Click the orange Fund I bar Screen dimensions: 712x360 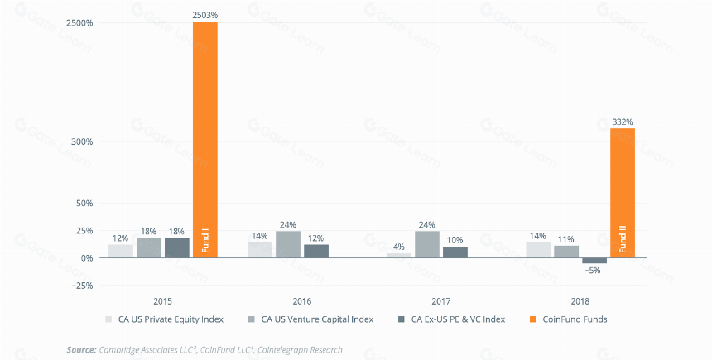pyautogui.click(x=205, y=139)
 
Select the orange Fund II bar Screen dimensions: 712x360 pyautogui.click(x=622, y=193)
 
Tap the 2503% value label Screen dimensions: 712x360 pyautogui.click(x=204, y=15)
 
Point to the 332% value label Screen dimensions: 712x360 pyautogui.click(x=622, y=122)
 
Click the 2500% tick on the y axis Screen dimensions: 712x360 pyautogui.click(x=79, y=22)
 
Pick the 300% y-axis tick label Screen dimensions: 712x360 pyautogui.click(x=82, y=142)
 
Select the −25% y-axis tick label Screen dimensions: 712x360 pyautogui.click(x=82, y=286)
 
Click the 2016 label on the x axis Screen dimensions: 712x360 pyautogui.click(x=302, y=301)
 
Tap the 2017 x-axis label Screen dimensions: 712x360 pyautogui.click(x=441, y=301)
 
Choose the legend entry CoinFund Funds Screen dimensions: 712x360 pyautogui.click(x=569, y=319)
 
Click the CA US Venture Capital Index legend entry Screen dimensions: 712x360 pyautogui.click(x=311, y=319)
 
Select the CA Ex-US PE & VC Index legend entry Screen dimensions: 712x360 pyautogui.click(x=451, y=319)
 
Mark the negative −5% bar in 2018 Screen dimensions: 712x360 pyautogui.click(x=594, y=261)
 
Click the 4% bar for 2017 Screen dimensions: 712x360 pyautogui.click(x=399, y=256)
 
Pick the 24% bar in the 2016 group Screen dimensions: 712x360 pyautogui.click(x=288, y=244)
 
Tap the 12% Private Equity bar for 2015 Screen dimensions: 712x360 pyautogui.click(x=121, y=251)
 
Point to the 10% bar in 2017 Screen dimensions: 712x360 pyautogui.click(x=455, y=252)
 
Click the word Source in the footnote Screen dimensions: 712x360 pyautogui.click(x=82, y=349)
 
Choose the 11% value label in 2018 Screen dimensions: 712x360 pyautogui.click(x=566, y=239)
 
